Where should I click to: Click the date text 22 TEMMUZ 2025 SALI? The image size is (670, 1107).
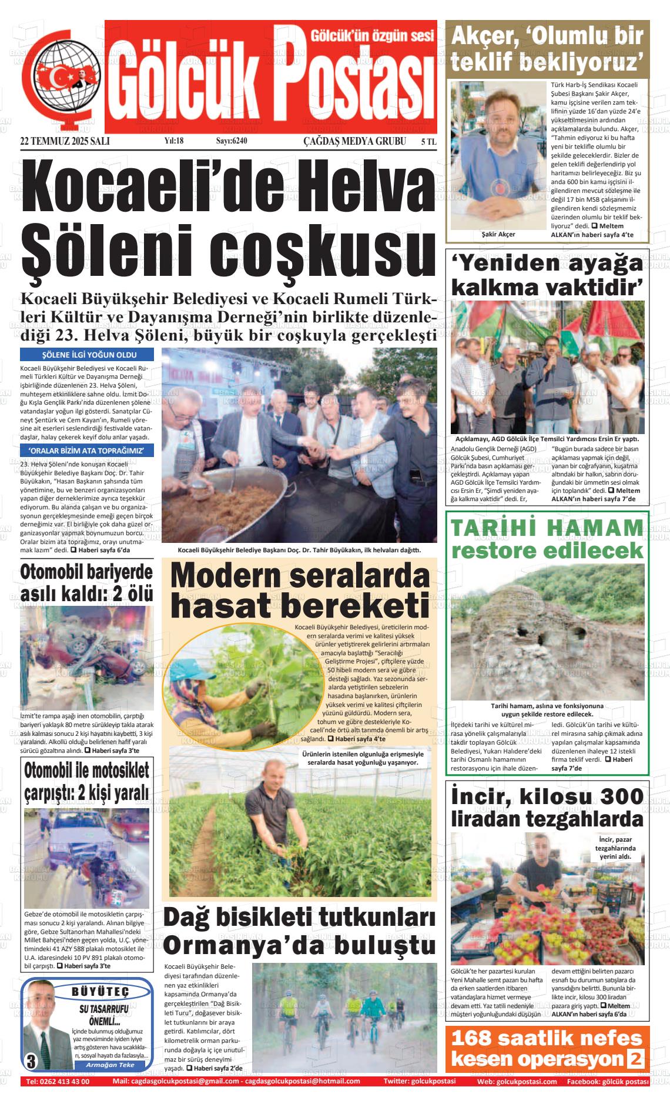[x=65, y=141]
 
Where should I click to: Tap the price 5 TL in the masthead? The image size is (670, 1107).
[x=428, y=141]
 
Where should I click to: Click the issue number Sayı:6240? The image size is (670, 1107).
[x=232, y=141]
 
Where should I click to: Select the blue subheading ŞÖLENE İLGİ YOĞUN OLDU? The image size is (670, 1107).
[x=87, y=355]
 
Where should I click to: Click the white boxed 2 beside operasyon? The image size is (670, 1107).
[x=635, y=1059]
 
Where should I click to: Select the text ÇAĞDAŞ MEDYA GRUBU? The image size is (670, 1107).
[x=354, y=141]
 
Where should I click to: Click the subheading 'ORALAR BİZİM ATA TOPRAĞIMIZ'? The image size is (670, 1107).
[x=87, y=451]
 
